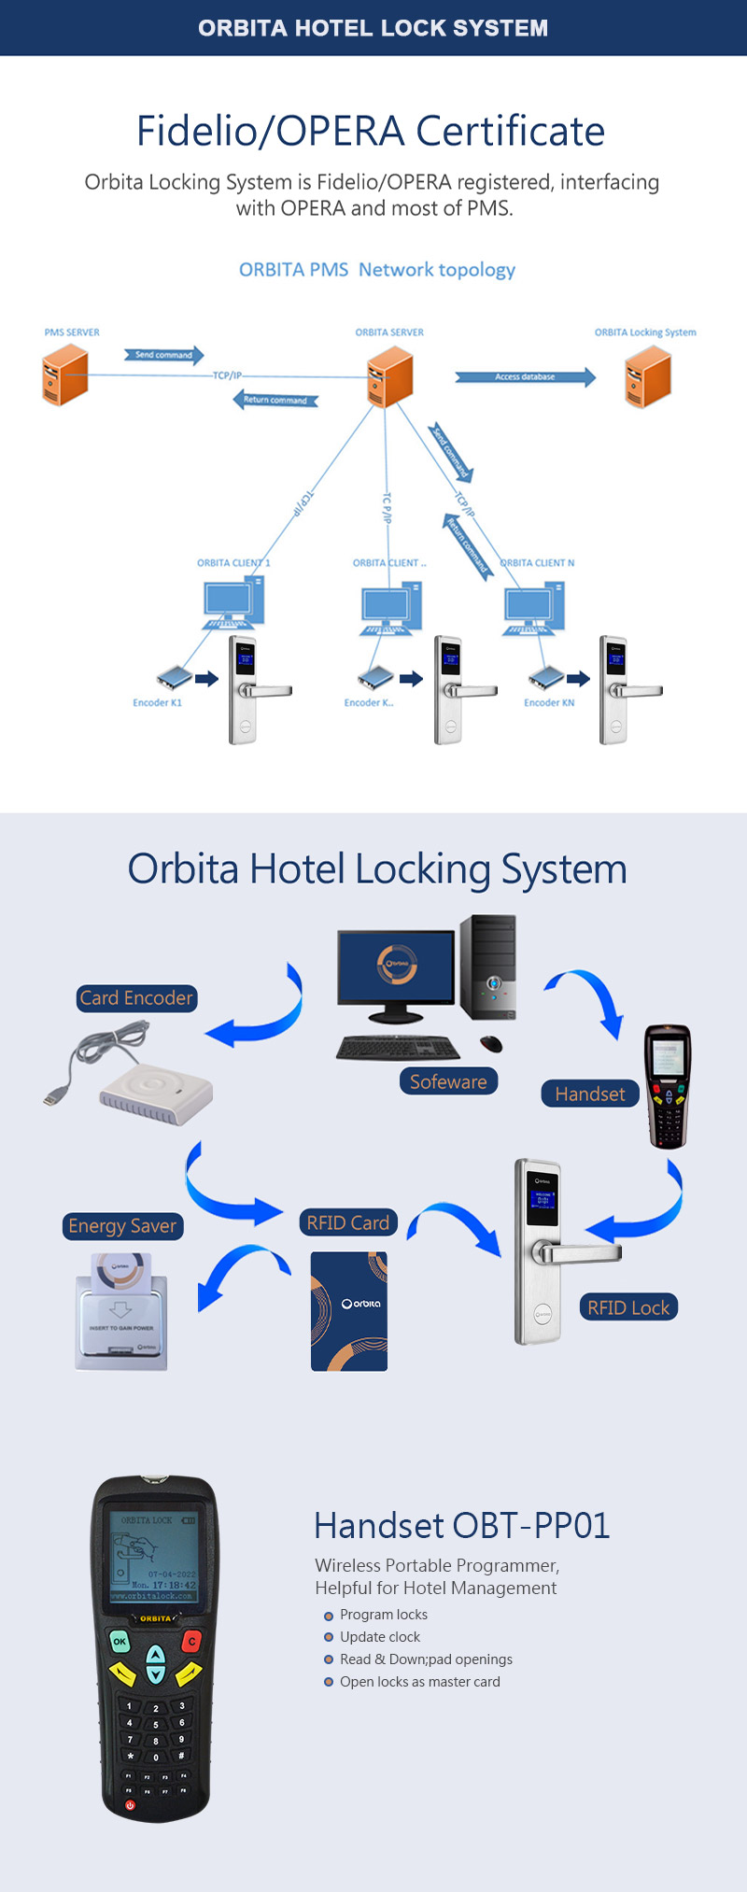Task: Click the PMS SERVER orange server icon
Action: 65,374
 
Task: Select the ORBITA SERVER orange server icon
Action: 390,376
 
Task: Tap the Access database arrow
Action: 525,377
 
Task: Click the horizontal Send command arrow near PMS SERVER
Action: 164,355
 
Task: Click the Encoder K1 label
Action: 157,703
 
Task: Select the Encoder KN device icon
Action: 546,676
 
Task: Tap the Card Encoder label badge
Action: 136,998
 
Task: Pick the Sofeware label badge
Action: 448,1082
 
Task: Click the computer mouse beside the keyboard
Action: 491,1044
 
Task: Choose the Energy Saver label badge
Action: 122,1226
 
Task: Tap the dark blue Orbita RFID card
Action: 349,1311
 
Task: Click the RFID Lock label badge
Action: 628,1308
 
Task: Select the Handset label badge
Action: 590,1094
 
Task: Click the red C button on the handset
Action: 192,1641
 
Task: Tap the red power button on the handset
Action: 130,1805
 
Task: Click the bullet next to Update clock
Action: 329,1637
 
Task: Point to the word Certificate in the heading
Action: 510,132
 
